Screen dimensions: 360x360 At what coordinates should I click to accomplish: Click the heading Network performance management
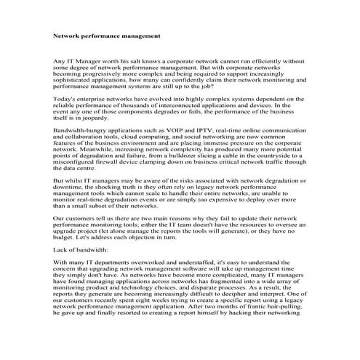(107, 34)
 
